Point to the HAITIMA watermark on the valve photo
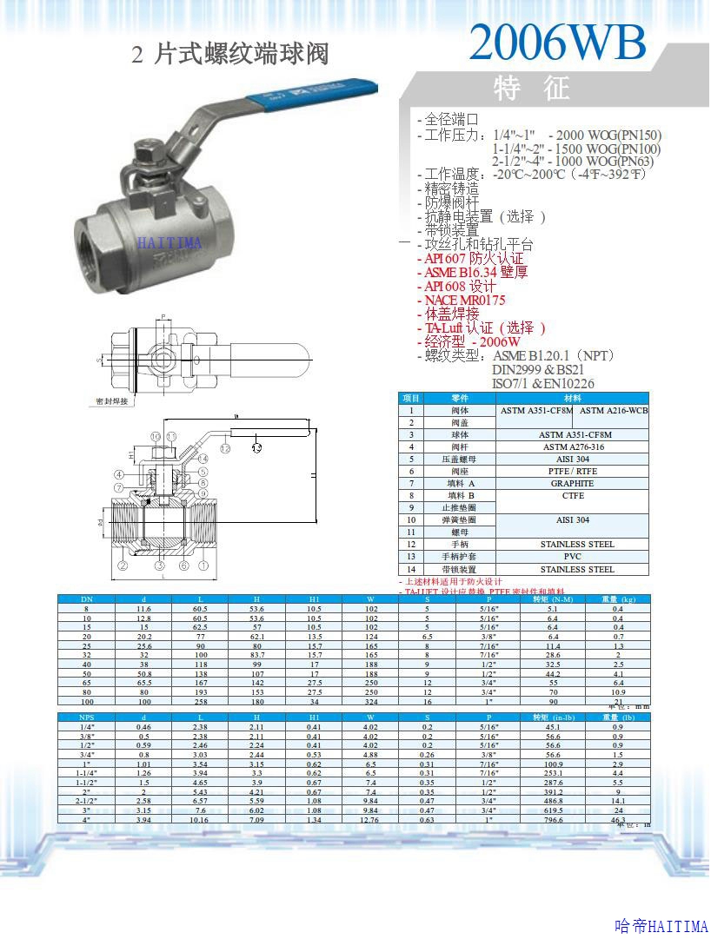pyautogui.click(x=169, y=242)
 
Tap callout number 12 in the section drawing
pyautogui.click(x=225, y=448)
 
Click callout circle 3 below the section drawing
pyautogui.click(x=160, y=565)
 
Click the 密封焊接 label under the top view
pyautogui.click(x=112, y=401)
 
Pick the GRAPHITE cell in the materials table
pyautogui.click(x=572, y=483)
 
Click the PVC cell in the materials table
pyautogui.click(x=572, y=556)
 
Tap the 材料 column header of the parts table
pyautogui.click(x=572, y=398)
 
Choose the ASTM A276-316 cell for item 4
pyautogui.click(x=572, y=446)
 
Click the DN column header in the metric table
pyautogui.click(x=86, y=599)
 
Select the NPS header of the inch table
pyautogui.click(x=86, y=717)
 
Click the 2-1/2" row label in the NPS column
pyautogui.click(x=86, y=800)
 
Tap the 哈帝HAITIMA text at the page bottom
pyautogui.click(x=661, y=927)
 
